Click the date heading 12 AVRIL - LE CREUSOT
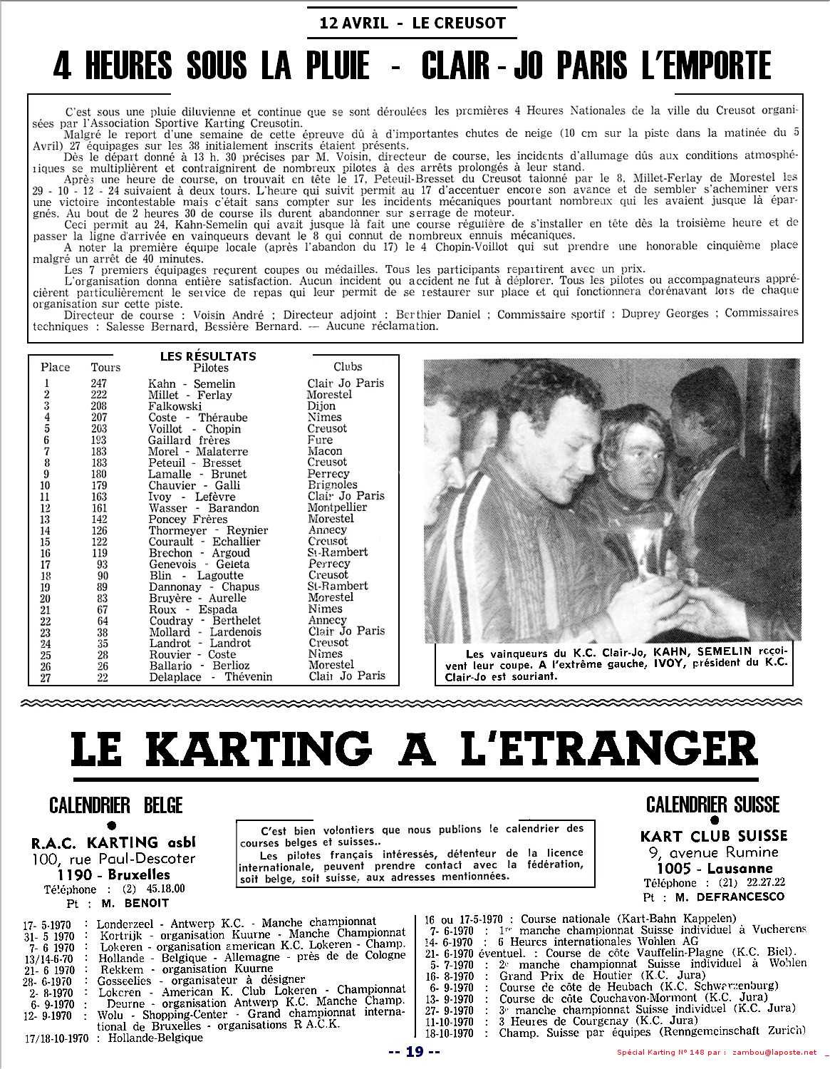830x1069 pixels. [413, 22]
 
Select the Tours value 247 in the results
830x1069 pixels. [98, 383]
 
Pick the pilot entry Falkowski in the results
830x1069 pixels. [175, 406]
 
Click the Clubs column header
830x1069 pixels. [348, 367]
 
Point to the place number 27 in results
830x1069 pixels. [47, 677]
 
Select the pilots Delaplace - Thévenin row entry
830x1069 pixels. [201, 677]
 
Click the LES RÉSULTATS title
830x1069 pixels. [208, 356]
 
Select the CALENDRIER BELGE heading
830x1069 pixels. [116, 805]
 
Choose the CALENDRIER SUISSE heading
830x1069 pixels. [712, 805]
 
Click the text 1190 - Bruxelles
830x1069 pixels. [114, 874]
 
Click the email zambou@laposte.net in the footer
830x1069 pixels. [776, 1052]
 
